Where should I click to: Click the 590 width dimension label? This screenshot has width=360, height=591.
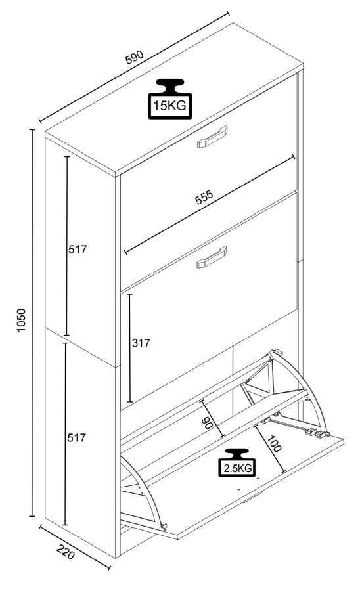(x=134, y=58)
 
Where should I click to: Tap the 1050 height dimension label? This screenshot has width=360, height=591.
(x=20, y=320)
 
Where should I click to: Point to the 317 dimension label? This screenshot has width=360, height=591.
(x=141, y=343)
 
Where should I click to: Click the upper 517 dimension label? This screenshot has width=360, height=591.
(x=78, y=249)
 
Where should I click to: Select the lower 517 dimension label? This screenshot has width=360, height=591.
(x=78, y=437)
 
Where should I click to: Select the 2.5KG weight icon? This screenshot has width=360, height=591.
(x=236, y=462)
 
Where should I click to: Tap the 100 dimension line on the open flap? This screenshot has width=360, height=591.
(x=269, y=450)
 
